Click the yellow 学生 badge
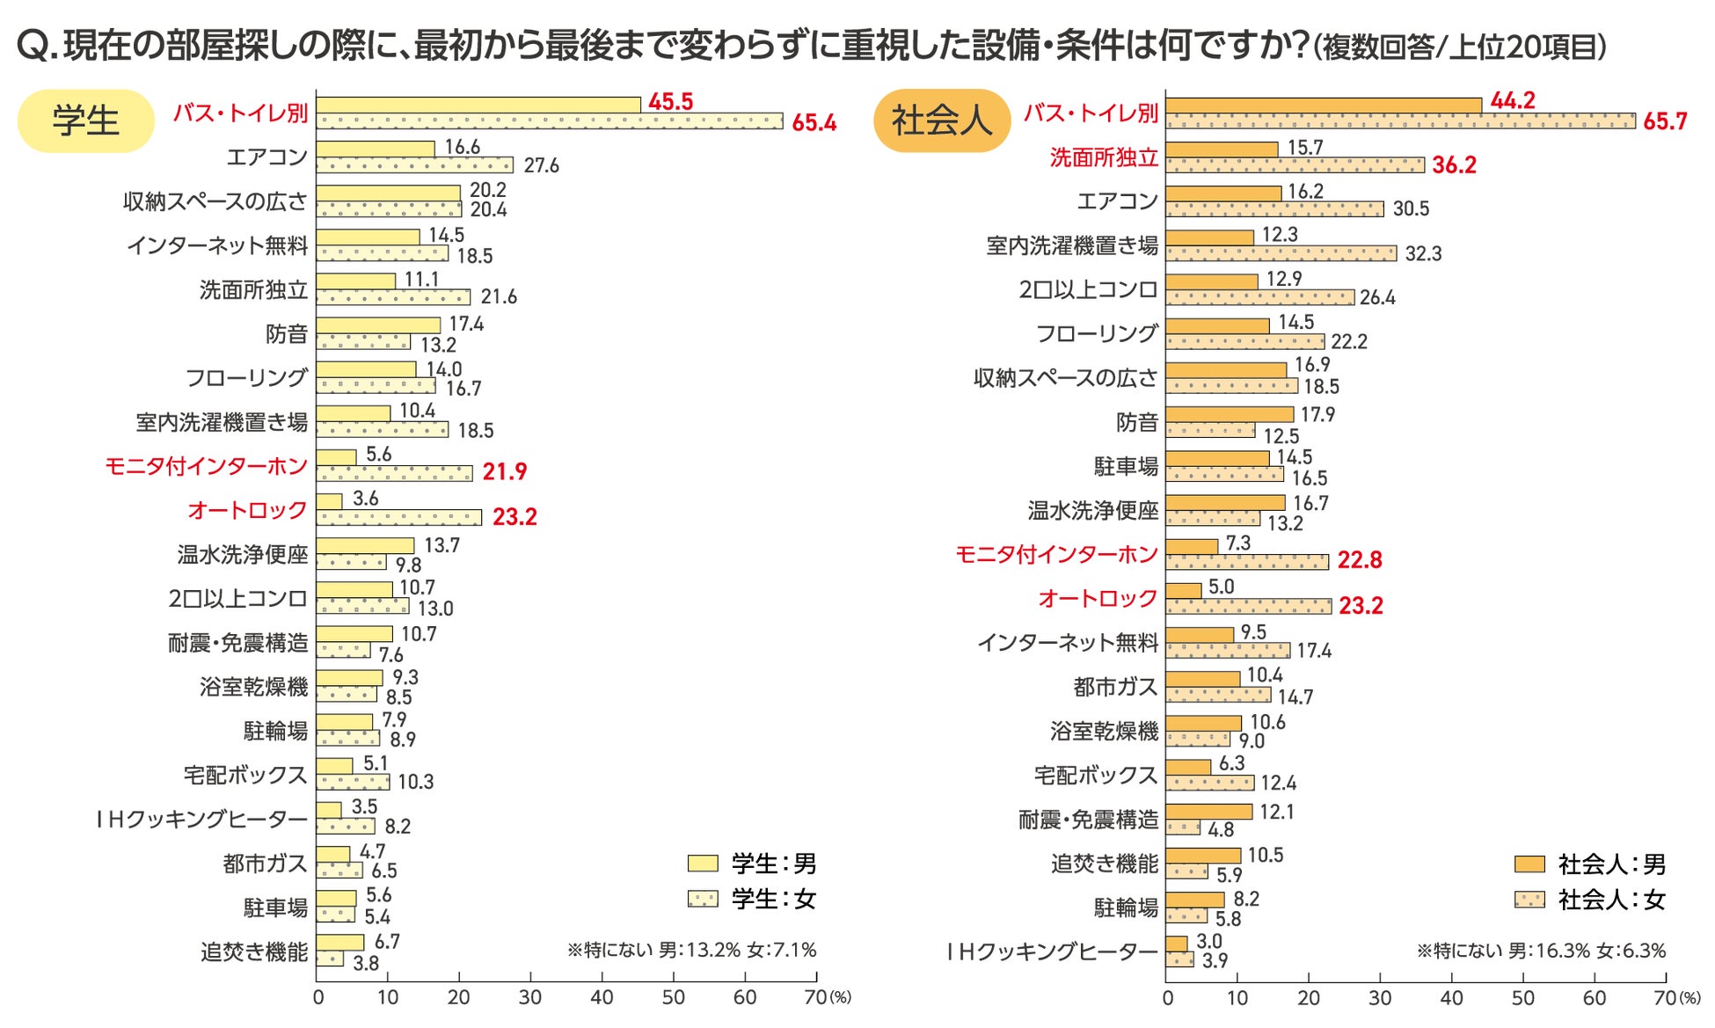(x=85, y=120)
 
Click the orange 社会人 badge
(x=941, y=120)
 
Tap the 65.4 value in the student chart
(x=814, y=123)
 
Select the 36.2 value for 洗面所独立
(x=1454, y=165)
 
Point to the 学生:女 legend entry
(x=753, y=899)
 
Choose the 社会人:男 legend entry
(x=1590, y=864)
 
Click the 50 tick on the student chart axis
(x=673, y=997)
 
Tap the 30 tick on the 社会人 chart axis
(x=1379, y=998)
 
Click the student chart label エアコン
(x=267, y=157)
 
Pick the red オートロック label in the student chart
(x=247, y=510)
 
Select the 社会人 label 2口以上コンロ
(x=1088, y=290)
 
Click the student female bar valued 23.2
(x=398, y=518)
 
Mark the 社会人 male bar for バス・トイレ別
(x=1323, y=106)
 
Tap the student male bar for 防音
(x=378, y=325)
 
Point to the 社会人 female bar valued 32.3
(x=1281, y=253)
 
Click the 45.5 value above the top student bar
(x=670, y=102)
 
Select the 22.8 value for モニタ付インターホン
(x=1360, y=560)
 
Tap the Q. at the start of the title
(x=37, y=46)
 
